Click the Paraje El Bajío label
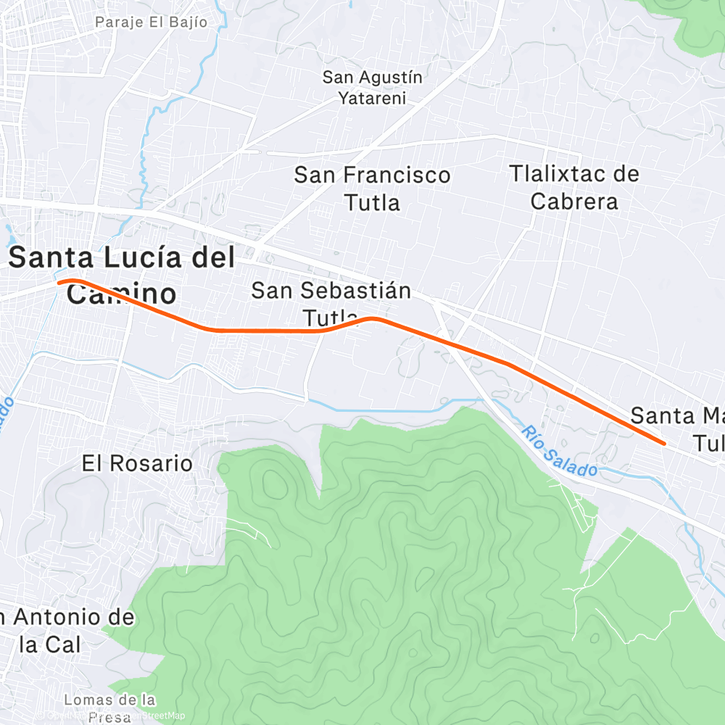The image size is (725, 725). click(151, 22)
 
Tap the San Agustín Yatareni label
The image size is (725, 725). click(372, 87)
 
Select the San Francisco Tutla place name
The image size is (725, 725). click(372, 188)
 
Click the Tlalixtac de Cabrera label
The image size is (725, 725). click(574, 187)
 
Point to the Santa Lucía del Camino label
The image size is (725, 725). click(122, 275)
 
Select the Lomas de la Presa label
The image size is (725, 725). click(109, 708)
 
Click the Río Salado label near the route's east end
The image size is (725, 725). click(559, 451)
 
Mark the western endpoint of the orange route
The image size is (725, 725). click(59, 282)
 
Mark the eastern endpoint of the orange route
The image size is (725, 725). click(663, 443)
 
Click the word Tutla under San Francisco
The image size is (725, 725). click(372, 202)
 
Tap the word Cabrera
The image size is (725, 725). click(574, 201)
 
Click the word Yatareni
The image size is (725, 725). click(372, 98)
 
